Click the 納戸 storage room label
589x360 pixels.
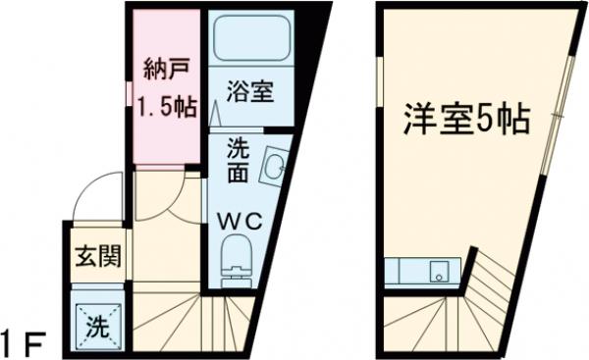[163, 71]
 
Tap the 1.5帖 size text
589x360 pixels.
[163, 106]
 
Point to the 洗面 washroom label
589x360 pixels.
[239, 162]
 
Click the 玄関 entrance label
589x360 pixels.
[98, 258]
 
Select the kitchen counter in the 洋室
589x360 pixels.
[422, 271]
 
